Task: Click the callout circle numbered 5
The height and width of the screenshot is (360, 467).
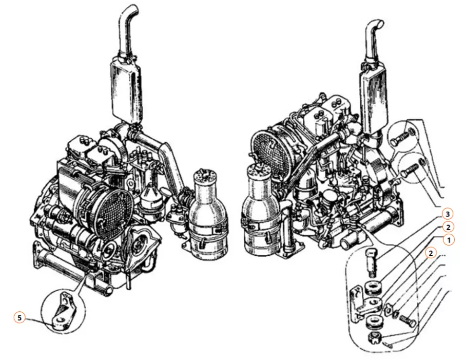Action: (x=19, y=318)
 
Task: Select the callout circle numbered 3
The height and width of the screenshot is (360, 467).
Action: (x=448, y=214)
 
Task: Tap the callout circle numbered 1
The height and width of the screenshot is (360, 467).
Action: (x=449, y=240)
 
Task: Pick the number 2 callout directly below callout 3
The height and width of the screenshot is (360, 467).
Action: (x=448, y=227)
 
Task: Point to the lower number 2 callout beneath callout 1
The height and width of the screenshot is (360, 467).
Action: (x=430, y=253)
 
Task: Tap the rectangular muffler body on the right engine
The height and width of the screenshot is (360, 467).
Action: (x=374, y=98)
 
